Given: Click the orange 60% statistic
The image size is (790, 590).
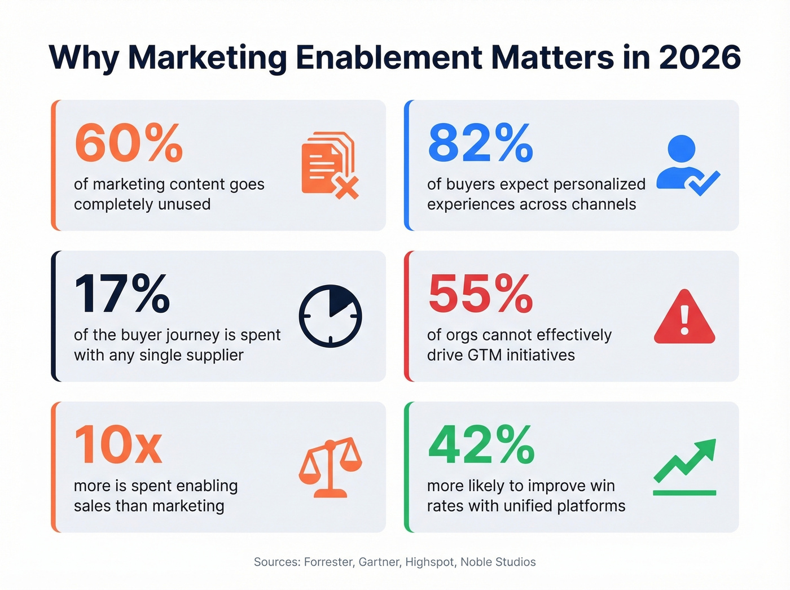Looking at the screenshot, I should (x=129, y=143).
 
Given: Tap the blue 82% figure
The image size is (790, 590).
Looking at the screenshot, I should (x=480, y=143).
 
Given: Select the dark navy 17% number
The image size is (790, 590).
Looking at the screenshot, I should (x=122, y=294).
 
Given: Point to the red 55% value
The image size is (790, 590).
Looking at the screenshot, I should (x=480, y=294).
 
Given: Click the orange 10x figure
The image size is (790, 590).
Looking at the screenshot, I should (x=118, y=445).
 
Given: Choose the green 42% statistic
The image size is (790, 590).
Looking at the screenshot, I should (x=481, y=445).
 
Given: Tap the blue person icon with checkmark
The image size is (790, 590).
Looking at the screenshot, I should (x=687, y=165).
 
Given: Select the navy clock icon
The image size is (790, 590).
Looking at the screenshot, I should (x=330, y=316).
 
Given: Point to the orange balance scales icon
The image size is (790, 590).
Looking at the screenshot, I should (x=330, y=467).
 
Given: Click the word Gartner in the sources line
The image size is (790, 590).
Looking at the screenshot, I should (x=379, y=562).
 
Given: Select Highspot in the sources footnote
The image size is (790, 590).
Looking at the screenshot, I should (x=430, y=562).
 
